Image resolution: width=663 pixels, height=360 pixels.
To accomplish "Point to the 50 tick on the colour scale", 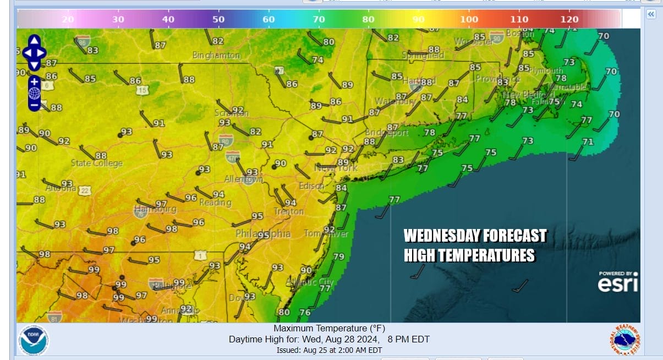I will (218, 19).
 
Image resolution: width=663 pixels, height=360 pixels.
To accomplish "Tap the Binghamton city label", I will (216, 56).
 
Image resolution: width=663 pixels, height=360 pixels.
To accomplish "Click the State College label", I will (97, 163).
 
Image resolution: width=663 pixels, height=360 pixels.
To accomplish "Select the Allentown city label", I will (244, 180).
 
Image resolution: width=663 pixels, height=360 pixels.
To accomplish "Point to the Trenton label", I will (289, 211).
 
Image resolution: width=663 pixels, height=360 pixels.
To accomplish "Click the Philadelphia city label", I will (264, 234).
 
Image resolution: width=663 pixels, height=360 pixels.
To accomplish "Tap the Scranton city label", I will (231, 113).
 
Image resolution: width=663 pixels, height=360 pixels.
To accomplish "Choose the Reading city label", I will (215, 203).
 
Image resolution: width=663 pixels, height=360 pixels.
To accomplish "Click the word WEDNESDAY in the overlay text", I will (438, 236).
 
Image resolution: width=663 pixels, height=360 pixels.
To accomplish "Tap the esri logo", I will (618, 282).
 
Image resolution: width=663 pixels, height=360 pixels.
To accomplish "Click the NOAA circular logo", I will (34, 340).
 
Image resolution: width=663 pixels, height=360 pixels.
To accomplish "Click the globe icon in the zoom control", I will (34, 92).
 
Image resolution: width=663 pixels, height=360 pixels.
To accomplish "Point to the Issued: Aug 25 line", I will (329, 350).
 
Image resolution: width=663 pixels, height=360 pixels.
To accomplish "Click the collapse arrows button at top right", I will (651, 14).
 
